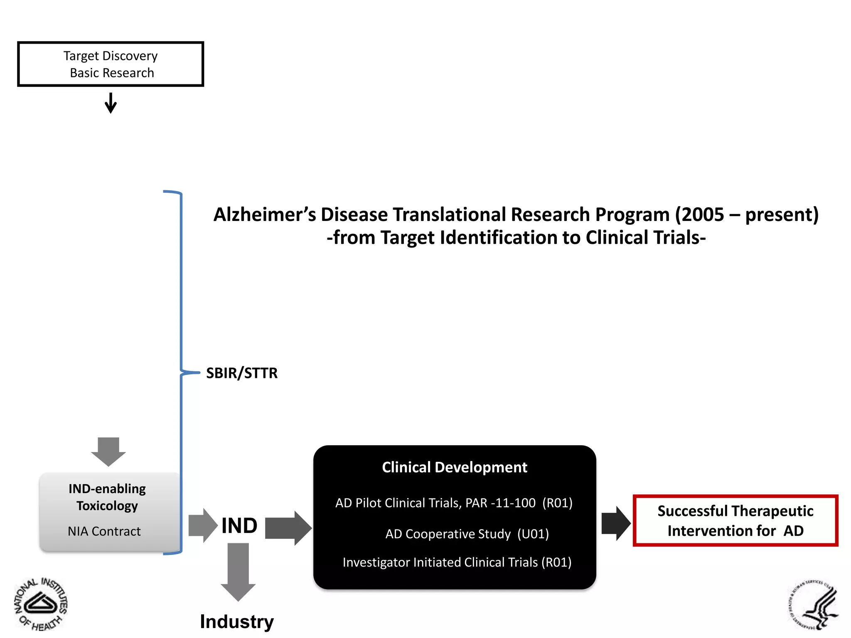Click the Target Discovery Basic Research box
[111, 64]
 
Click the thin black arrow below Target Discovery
[111, 103]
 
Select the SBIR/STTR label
[242, 373]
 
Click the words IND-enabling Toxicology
[107, 497]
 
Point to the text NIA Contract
[104, 531]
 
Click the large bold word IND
[239, 526]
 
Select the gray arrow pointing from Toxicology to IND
[203, 525]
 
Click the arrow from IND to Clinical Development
[288, 528]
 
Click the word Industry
[237, 621]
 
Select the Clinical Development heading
[455, 467]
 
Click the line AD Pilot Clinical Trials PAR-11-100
[454, 503]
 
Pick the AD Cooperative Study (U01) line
[467, 534]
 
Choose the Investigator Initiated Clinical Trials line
[457, 562]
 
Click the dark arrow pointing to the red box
[616, 523]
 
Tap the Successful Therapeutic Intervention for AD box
[735, 520]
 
